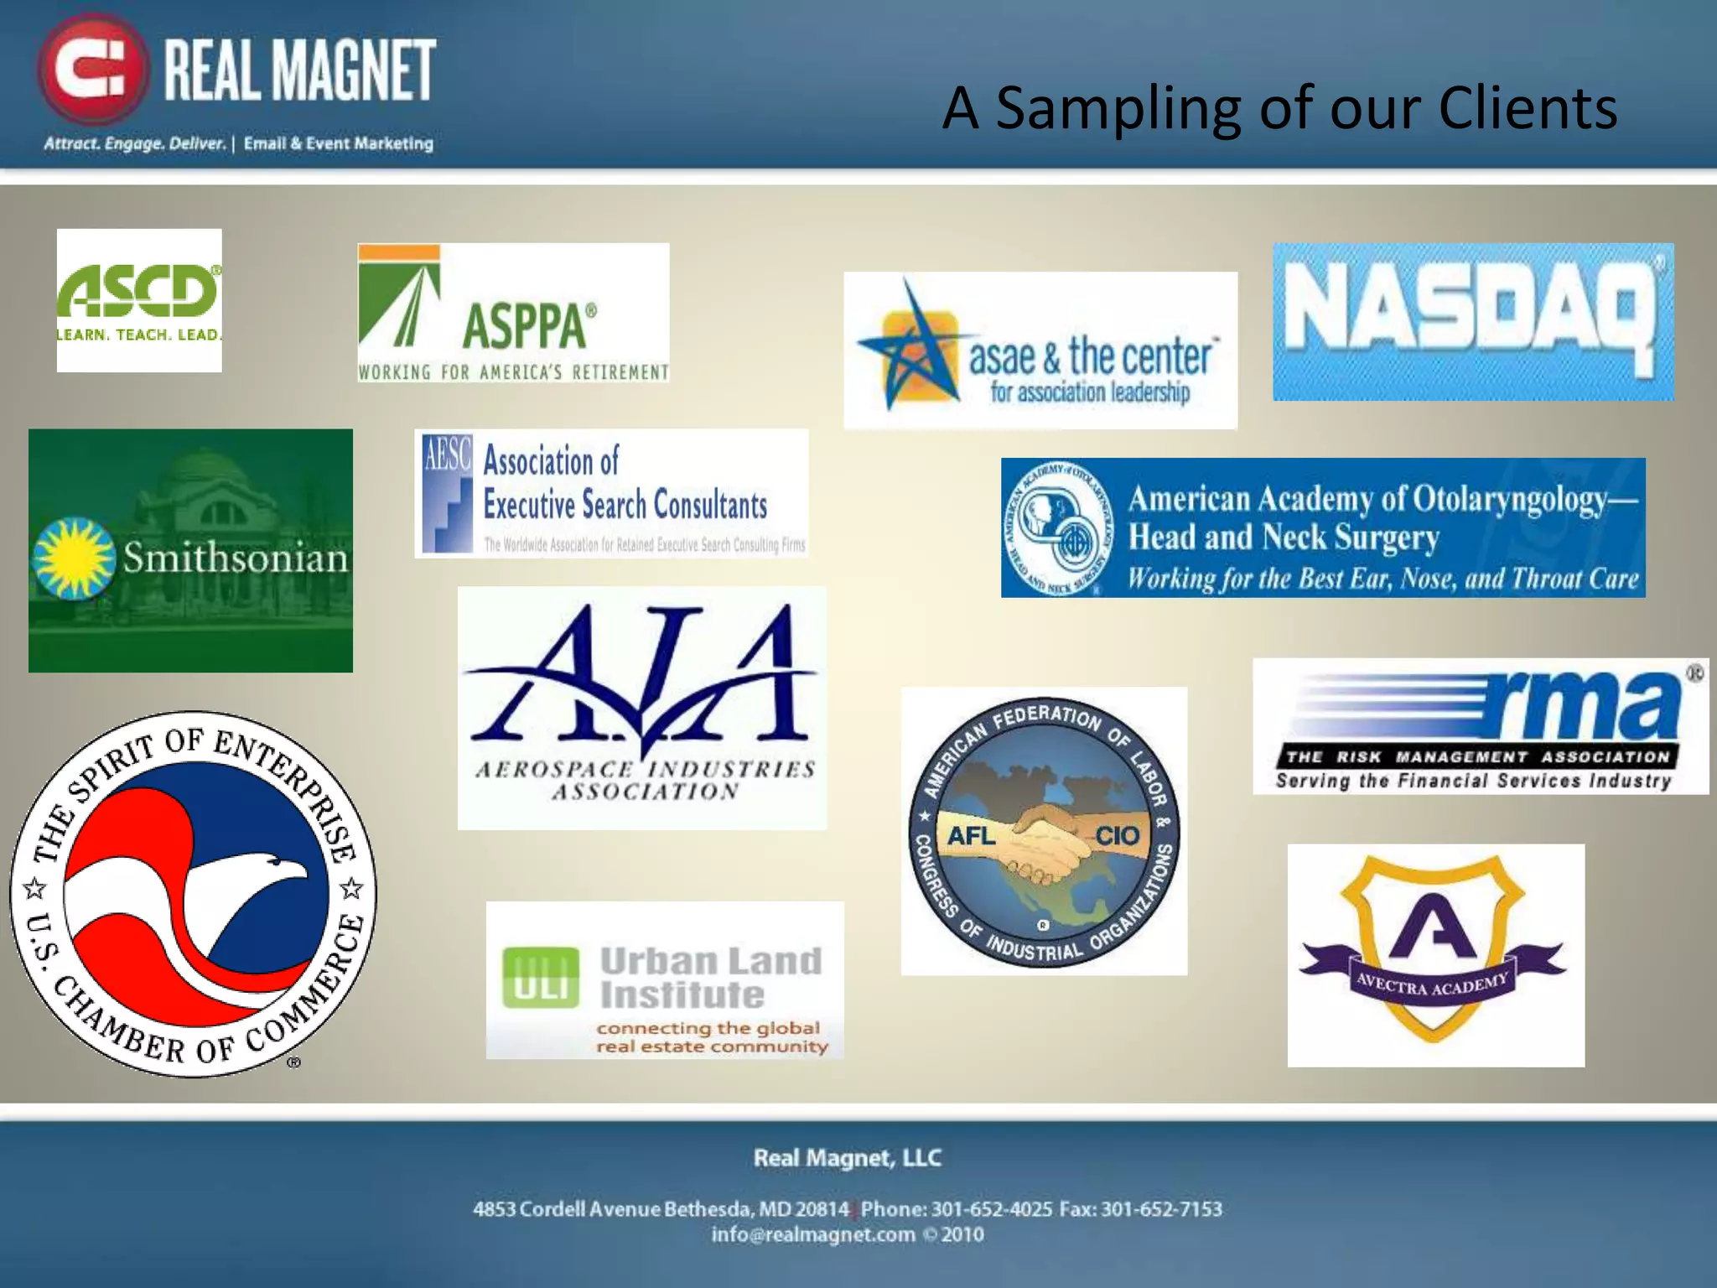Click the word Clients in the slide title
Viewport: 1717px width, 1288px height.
pyautogui.click(x=1528, y=109)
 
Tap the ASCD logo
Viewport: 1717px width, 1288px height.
pyautogui.click(x=139, y=300)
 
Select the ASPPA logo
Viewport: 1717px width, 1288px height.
pyautogui.click(x=513, y=313)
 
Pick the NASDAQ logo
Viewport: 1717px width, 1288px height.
pyautogui.click(x=1473, y=321)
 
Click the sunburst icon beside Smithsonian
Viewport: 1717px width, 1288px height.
pyautogui.click(x=74, y=558)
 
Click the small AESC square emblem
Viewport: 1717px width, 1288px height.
pyautogui.click(x=447, y=494)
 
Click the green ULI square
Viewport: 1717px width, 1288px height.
pyautogui.click(x=541, y=977)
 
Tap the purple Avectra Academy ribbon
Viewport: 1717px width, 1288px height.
pyautogui.click(x=1433, y=981)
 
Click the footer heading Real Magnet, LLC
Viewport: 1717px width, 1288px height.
pyautogui.click(x=848, y=1158)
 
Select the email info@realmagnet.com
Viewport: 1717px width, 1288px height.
pyautogui.click(x=813, y=1235)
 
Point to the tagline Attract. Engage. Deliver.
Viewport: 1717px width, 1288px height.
pyautogui.click(x=135, y=143)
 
